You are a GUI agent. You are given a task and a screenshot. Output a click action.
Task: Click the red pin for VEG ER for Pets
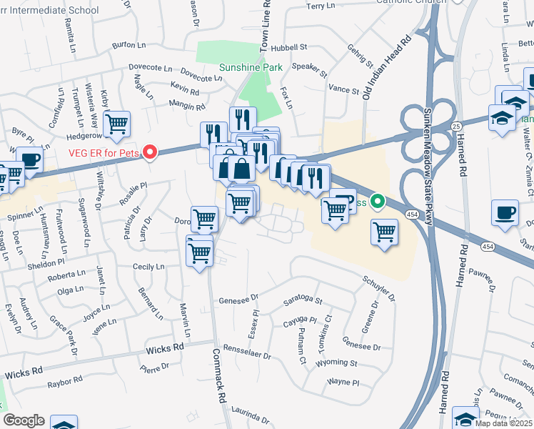coord(150,152)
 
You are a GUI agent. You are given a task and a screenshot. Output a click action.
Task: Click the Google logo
coord(24,420)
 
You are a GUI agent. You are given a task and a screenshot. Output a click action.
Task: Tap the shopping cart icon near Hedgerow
coord(116,123)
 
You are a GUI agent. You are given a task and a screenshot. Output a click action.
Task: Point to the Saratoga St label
coord(303,301)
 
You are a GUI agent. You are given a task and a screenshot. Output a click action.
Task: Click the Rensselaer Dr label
coord(247,355)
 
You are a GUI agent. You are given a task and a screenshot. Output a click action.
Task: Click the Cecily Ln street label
coord(148,267)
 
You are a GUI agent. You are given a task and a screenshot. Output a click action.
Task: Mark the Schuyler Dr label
coord(378,287)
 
